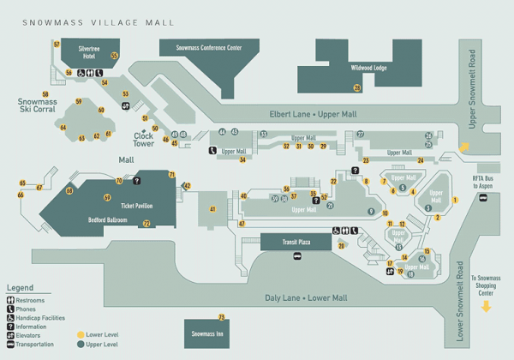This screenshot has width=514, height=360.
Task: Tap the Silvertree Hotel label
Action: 90,51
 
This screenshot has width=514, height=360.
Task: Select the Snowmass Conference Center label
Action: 209,49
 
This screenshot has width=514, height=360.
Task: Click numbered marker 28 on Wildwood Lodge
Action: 357,87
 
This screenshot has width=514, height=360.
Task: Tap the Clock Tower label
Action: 143,139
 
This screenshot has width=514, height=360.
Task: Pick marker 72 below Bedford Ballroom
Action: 146,224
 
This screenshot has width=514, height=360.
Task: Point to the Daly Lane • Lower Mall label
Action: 305,297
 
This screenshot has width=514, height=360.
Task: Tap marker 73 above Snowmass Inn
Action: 221,317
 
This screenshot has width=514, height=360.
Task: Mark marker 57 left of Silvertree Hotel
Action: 57,44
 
